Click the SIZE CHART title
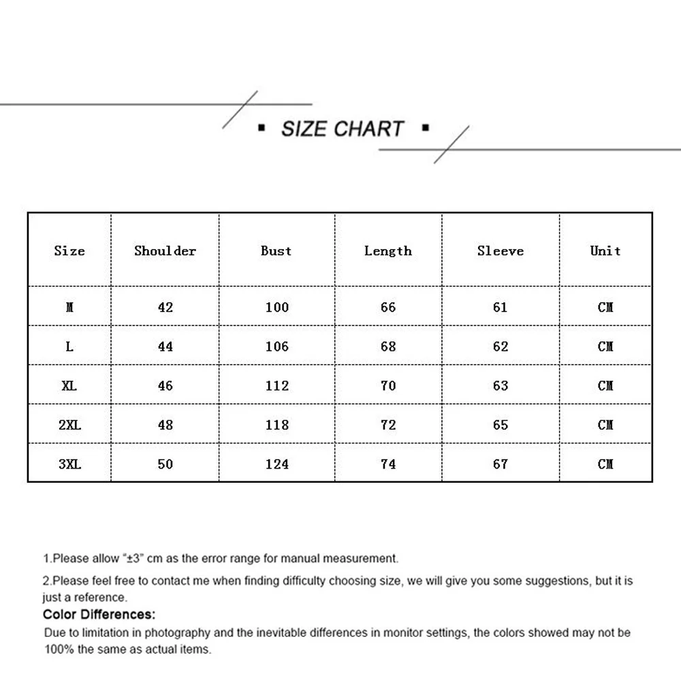(x=343, y=129)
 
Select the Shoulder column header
(x=165, y=251)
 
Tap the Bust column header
(x=276, y=251)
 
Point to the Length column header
(x=387, y=251)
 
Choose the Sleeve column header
(x=500, y=251)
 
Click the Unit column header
(x=605, y=251)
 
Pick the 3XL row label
(x=69, y=464)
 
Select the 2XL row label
(x=69, y=425)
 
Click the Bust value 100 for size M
(x=276, y=307)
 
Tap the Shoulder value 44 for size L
(x=165, y=347)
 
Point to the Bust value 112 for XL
(x=276, y=385)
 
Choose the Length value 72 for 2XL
(x=388, y=425)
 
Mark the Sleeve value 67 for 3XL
(x=501, y=464)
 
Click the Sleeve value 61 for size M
(x=501, y=307)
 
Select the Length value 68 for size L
(x=388, y=347)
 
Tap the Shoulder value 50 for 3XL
(x=165, y=464)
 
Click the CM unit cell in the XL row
(x=605, y=385)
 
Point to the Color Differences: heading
(x=99, y=615)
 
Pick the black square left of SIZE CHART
(x=262, y=127)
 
